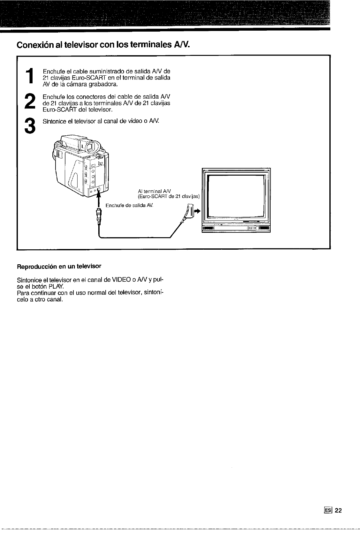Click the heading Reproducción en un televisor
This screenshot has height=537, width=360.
click(x=59, y=266)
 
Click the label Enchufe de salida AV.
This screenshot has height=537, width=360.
click(x=130, y=205)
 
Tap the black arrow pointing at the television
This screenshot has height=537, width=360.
click(x=198, y=211)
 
